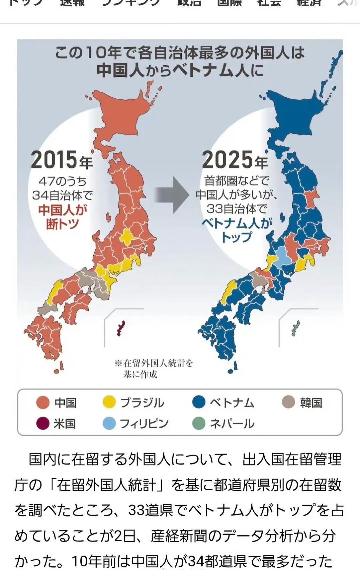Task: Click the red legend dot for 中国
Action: tap(43, 403)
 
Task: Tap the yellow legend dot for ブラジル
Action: tap(109, 403)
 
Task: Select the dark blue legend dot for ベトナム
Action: tap(199, 402)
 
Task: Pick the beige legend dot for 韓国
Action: tap(288, 402)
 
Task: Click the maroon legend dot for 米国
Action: tap(43, 424)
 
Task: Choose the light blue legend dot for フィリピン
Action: tap(109, 424)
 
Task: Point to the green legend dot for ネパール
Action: tap(199, 424)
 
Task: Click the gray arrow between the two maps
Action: tap(172, 195)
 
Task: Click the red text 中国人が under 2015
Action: tap(63, 210)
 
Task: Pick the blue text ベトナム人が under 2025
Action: tap(237, 223)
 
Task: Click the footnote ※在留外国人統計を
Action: tap(154, 363)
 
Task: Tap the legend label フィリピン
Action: tap(144, 424)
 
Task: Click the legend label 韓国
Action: tap(311, 403)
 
